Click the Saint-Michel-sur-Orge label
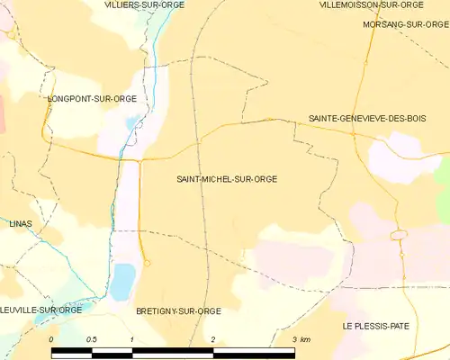click(x=227, y=179)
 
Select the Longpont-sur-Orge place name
click(x=93, y=98)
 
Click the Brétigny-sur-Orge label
click(x=178, y=310)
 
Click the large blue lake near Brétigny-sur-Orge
click(x=121, y=281)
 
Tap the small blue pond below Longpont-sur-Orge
click(x=132, y=122)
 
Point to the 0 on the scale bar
click(x=51, y=339)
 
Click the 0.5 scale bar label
click(x=91, y=339)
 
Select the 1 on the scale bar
click(x=131, y=339)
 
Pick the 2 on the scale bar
click(x=212, y=339)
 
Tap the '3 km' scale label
click(x=301, y=339)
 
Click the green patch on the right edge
click(x=443, y=193)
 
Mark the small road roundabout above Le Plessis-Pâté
click(x=397, y=236)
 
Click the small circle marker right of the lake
click(x=147, y=263)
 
